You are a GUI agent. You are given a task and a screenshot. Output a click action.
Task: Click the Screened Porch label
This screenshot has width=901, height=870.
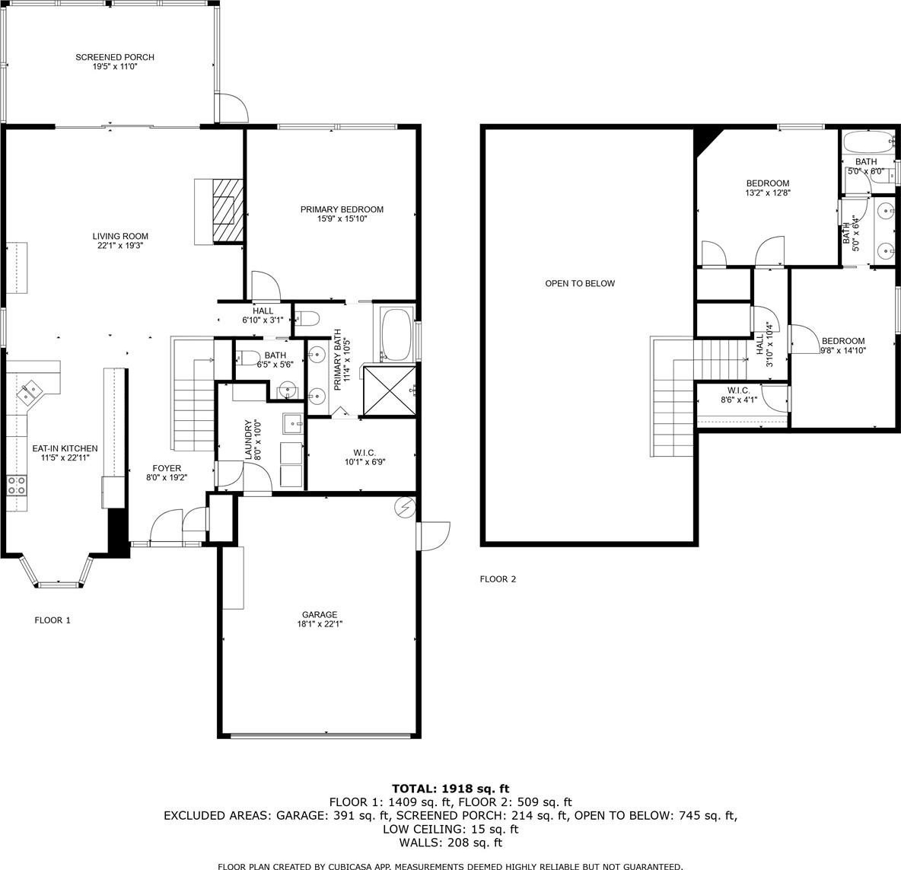coord(115,57)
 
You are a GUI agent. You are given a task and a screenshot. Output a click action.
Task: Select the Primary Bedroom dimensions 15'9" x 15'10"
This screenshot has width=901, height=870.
coord(342,219)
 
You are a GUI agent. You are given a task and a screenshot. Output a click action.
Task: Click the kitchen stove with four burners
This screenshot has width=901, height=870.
coord(16,486)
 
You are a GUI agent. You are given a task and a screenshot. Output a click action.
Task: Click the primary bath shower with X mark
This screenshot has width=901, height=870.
coord(389,390)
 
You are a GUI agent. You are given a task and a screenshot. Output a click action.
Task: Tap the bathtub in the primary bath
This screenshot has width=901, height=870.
coord(397,334)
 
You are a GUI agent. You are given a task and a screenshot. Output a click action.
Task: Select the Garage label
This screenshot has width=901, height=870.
coord(320,614)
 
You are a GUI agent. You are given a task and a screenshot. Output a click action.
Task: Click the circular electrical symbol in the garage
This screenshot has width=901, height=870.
coord(406,508)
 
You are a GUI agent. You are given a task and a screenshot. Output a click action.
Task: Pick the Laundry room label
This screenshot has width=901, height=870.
coord(248,440)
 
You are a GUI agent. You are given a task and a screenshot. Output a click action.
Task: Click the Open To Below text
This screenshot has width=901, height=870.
coord(580,283)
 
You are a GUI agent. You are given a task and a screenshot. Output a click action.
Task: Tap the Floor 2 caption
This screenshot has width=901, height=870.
coord(498,579)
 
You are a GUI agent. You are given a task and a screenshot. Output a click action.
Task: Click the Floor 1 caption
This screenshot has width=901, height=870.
coord(53,620)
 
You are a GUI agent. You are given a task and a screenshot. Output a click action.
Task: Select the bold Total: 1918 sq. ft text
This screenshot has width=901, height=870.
coord(450,789)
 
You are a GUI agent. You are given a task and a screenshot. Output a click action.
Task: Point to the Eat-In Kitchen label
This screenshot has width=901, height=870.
coord(65,448)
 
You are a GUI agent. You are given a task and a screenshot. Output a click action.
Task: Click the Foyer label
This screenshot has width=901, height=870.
coord(167,468)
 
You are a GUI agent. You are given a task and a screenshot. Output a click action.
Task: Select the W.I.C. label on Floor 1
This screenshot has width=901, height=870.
coord(365,452)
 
